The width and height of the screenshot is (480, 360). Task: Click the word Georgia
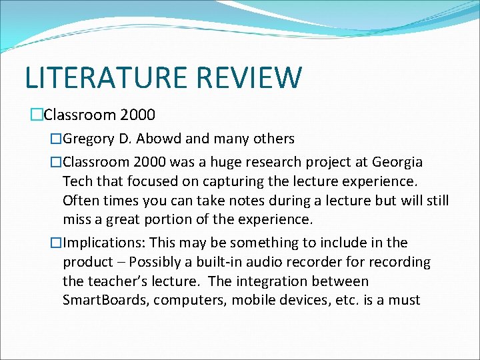(397, 162)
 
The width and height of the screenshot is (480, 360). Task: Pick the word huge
(239, 162)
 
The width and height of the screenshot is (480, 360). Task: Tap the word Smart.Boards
(105, 300)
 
